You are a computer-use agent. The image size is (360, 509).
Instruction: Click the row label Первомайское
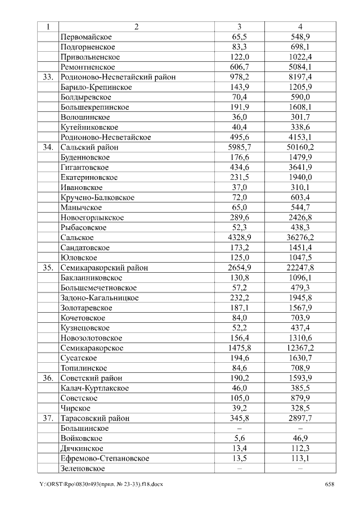coord(85,37)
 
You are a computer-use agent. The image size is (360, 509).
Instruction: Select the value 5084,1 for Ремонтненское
coord(300,66)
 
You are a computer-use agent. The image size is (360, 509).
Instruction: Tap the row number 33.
coord(48,76)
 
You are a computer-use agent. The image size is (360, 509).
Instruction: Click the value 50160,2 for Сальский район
coord(300,147)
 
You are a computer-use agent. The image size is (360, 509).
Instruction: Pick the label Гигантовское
coord(84,168)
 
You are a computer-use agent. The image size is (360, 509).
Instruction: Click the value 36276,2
coord(300,238)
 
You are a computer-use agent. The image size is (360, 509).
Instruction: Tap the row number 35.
coord(48,268)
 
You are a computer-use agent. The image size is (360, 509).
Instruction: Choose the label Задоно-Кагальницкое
coord(100,298)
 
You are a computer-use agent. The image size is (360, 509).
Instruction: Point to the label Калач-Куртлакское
coord(94,389)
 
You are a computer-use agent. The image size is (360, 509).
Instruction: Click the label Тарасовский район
coord(95,418)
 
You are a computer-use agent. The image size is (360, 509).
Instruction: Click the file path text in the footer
coord(101,484)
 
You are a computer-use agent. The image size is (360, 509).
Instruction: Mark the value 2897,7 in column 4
coord(300,418)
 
